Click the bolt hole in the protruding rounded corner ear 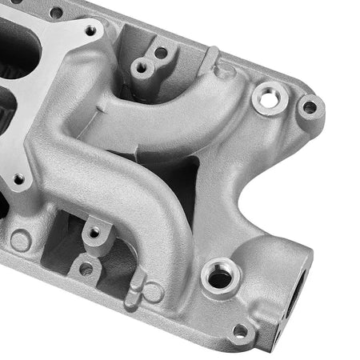(x=309, y=106)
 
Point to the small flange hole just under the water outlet (x=240, y=330)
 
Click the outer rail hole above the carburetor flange (x=56, y=13)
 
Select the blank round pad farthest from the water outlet (x=20, y=240)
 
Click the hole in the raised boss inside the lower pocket (x=94, y=232)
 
